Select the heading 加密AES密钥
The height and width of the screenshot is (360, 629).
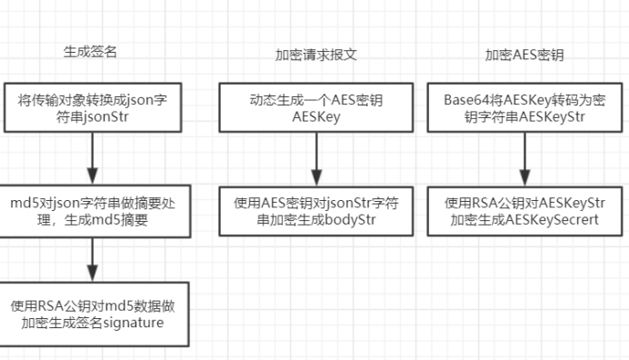tap(524, 55)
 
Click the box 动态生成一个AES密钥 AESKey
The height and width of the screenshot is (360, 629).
tap(315, 109)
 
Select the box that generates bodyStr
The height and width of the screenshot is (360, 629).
tap(315, 211)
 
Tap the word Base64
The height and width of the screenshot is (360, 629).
tap(463, 100)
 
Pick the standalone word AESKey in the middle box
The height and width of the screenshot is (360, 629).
tap(315, 118)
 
